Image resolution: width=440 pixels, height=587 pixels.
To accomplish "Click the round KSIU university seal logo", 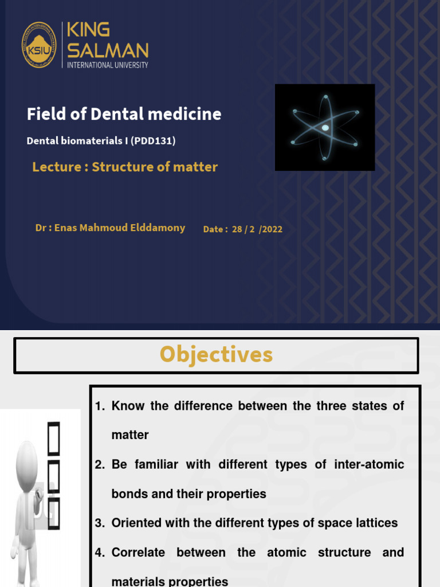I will click(39, 45).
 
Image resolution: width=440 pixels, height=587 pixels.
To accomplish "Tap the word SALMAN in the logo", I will click(108, 50).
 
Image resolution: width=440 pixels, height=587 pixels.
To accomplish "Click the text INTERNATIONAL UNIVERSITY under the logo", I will click(108, 65).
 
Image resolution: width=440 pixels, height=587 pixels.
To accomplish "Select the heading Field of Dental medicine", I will click(124, 114).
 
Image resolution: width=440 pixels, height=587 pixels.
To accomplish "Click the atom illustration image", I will click(325, 127).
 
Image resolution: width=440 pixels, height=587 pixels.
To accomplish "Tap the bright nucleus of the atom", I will click(325, 127).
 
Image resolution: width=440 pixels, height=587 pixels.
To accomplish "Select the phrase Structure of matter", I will click(155, 167).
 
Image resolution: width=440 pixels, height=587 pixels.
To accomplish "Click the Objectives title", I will click(216, 355).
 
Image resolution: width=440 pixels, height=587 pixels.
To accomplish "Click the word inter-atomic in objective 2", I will click(369, 464).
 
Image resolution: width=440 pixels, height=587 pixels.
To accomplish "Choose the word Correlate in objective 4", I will click(138, 553).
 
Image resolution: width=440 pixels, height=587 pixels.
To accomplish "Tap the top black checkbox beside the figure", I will click(53, 434).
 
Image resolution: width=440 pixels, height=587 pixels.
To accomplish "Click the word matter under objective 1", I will click(130, 435).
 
